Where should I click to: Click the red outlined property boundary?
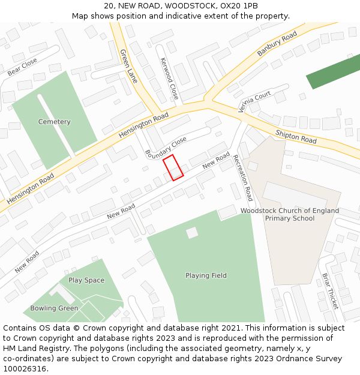pos(173,167)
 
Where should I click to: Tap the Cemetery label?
pos(54,122)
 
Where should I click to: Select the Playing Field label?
pos(206,275)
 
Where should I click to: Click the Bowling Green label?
pos(54,308)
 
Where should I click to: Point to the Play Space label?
pos(86,280)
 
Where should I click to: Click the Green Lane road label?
pos(128,66)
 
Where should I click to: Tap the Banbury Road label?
pos(277,45)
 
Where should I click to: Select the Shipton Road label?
pos(296,136)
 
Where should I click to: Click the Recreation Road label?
pos(243,178)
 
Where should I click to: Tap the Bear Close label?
pos(22,67)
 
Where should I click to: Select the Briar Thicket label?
pos(330,291)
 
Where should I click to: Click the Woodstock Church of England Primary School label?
pos(290,214)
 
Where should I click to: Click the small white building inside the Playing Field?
pos(192,233)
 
